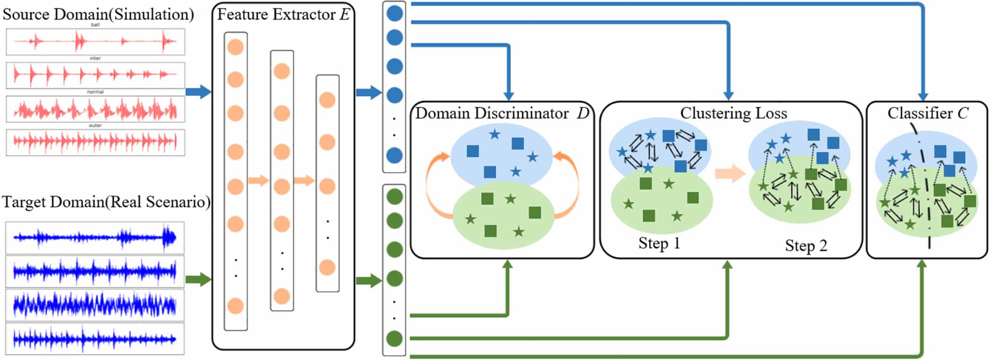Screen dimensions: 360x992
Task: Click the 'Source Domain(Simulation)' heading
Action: click(x=98, y=14)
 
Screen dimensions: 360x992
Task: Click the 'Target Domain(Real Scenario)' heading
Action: click(x=106, y=202)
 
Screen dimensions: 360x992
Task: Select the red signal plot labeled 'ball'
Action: click(x=95, y=42)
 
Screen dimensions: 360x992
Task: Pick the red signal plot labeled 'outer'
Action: click(x=95, y=142)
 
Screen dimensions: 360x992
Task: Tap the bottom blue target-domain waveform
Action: click(x=95, y=339)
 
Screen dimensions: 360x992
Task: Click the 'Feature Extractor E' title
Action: click(x=283, y=15)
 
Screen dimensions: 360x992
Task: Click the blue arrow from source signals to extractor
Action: click(x=198, y=92)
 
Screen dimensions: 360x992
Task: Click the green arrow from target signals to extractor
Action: click(x=198, y=280)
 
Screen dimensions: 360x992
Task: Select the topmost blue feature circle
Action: click(x=394, y=13)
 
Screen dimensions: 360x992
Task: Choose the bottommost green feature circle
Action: click(x=394, y=338)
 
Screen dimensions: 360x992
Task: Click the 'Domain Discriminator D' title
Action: click(x=502, y=113)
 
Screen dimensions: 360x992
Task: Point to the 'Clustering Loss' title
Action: click(x=733, y=113)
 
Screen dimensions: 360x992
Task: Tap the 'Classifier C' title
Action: click(x=927, y=113)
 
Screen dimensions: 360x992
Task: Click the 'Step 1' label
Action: click(x=659, y=243)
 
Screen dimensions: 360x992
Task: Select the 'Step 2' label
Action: click(x=806, y=246)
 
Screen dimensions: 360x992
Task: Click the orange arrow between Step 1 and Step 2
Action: click(x=730, y=173)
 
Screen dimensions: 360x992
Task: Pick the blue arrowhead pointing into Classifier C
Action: click(x=923, y=96)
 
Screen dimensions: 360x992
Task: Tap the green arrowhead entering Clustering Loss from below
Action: click(x=728, y=266)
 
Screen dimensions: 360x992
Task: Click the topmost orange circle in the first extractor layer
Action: click(x=235, y=47)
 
